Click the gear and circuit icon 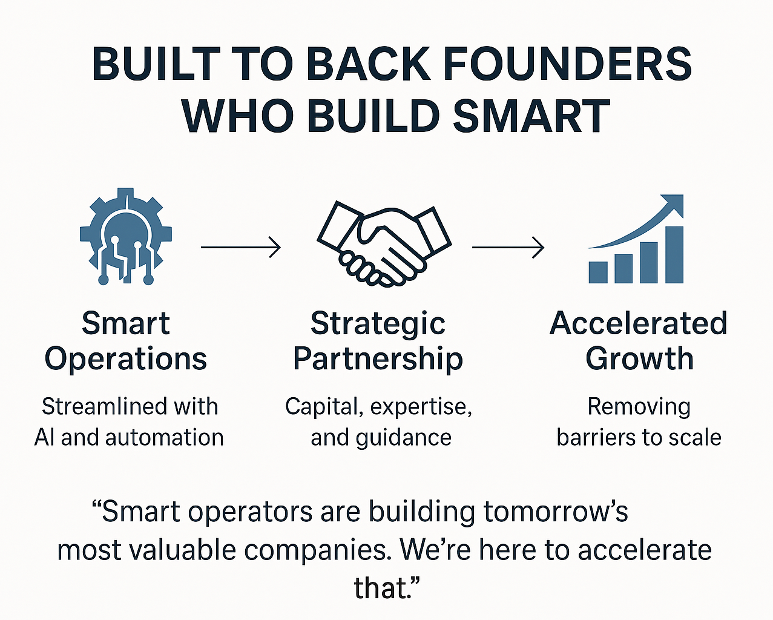pyautogui.click(x=126, y=237)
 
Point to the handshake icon pyautogui.click(x=384, y=244)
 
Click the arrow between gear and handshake pyautogui.click(x=241, y=247)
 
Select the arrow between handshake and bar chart pyautogui.click(x=508, y=247)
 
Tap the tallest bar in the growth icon pyautogui.click(x=674, y=255)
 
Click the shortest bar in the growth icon pyautogui.click(x=598, y=272)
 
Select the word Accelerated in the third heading pyautogui.click(x=639, y=323)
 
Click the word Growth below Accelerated pyautogui.click(x=639, y=358)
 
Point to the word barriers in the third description pyautogui.click(x=596, y=437)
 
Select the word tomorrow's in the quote pyautogui.click(x=556, y=512)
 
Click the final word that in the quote pyautogui.click(x=382, y=589)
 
